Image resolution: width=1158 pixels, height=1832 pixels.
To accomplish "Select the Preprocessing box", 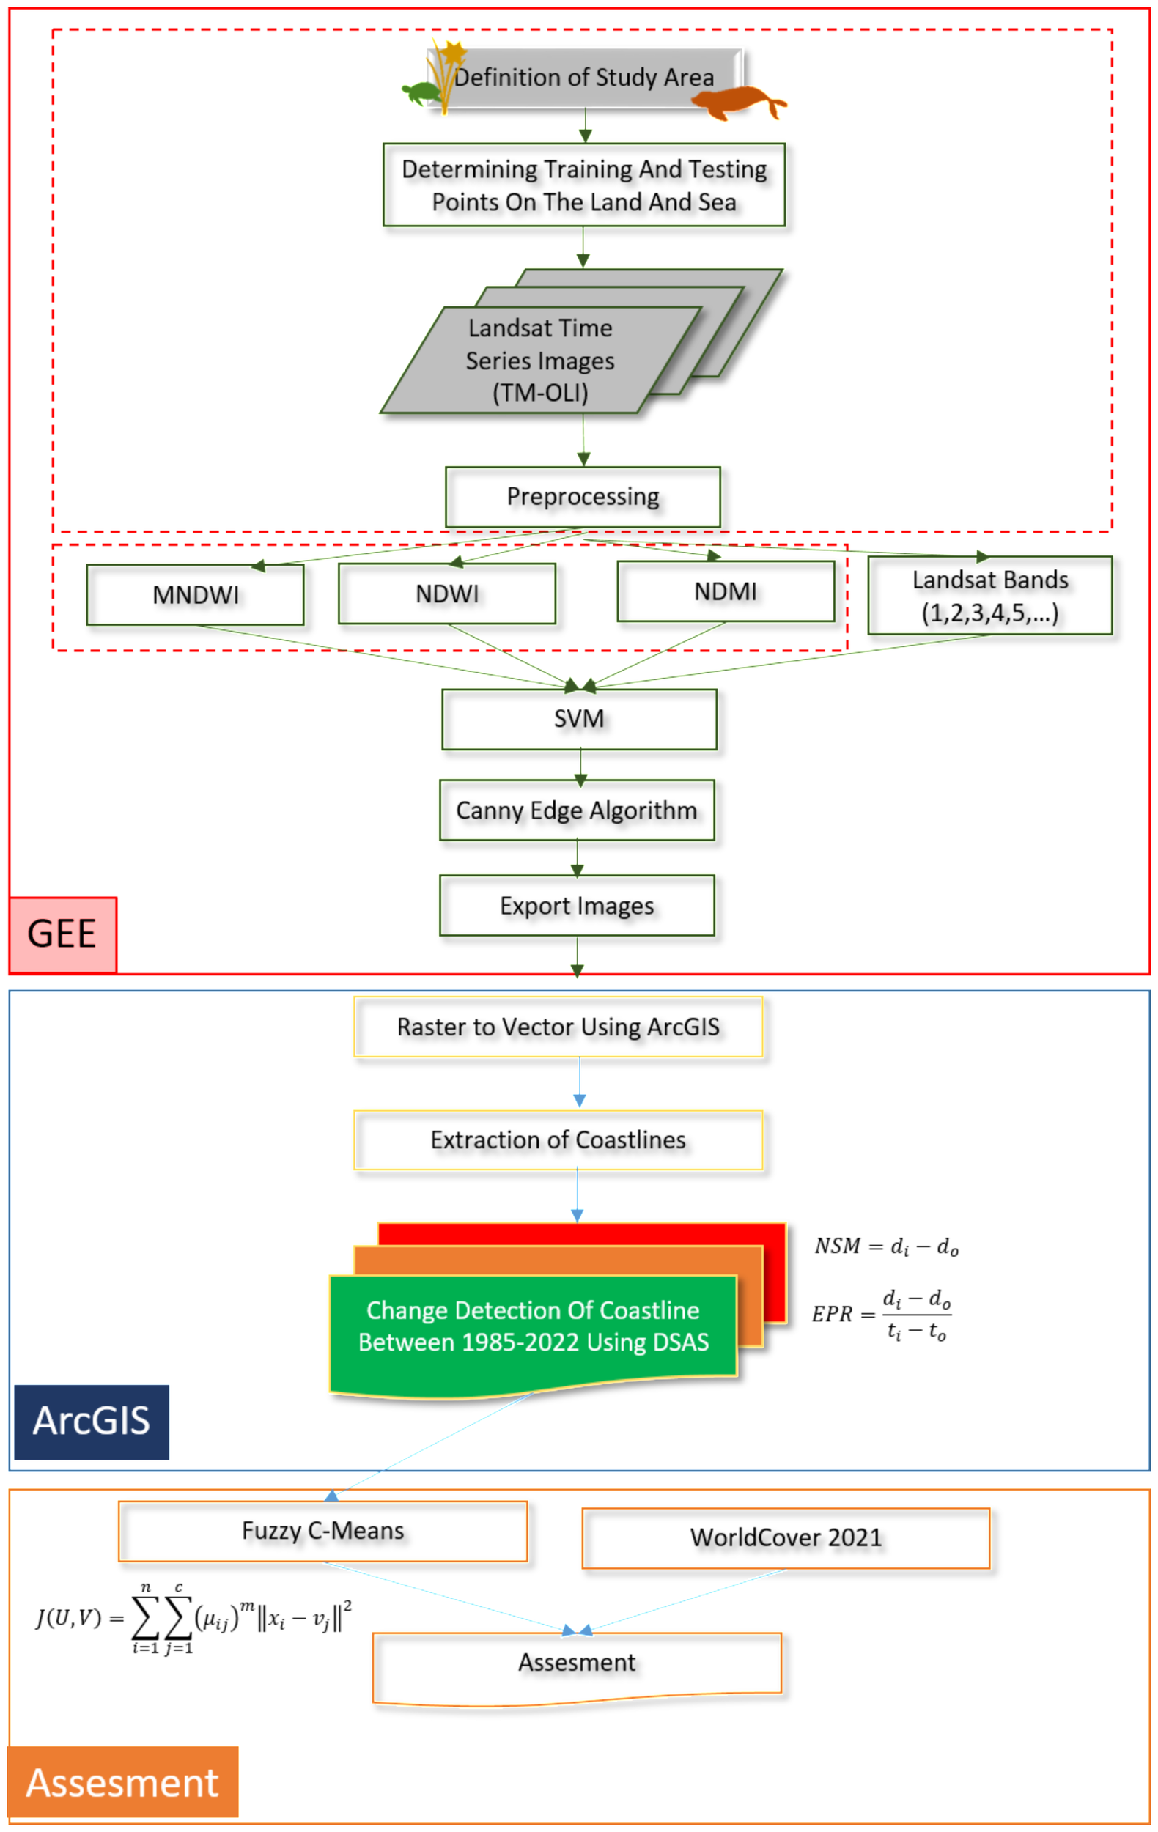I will coord(582,497).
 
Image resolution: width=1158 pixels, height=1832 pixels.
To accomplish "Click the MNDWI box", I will coord(195,595).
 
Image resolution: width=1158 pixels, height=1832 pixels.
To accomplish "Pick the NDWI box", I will coord(446,594).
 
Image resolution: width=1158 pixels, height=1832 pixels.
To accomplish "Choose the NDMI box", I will coord(725,592).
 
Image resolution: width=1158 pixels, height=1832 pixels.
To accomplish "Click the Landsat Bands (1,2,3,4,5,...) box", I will coord(989,596).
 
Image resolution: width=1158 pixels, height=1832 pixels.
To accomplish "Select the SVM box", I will coord(579,719).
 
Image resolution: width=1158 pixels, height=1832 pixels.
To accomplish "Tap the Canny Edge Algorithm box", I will coord(577,810).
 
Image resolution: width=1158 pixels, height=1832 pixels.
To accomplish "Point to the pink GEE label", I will coord(62,934).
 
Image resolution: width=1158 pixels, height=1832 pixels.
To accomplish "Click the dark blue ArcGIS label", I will coord(92,1421).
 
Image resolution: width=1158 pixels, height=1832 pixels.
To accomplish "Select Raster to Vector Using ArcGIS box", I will coord(558,1027).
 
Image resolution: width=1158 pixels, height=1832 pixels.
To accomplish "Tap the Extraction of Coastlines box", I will coord(558,1140).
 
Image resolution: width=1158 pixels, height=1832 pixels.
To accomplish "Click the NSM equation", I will coord(885,1246).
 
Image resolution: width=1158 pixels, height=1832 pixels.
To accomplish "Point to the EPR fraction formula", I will coord(882,1314).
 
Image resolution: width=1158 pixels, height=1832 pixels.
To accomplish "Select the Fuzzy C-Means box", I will coord(322,1531).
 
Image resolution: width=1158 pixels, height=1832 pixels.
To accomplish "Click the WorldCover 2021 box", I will coord(785,1537).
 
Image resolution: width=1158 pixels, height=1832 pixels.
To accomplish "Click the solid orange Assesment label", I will coord(122,1783).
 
